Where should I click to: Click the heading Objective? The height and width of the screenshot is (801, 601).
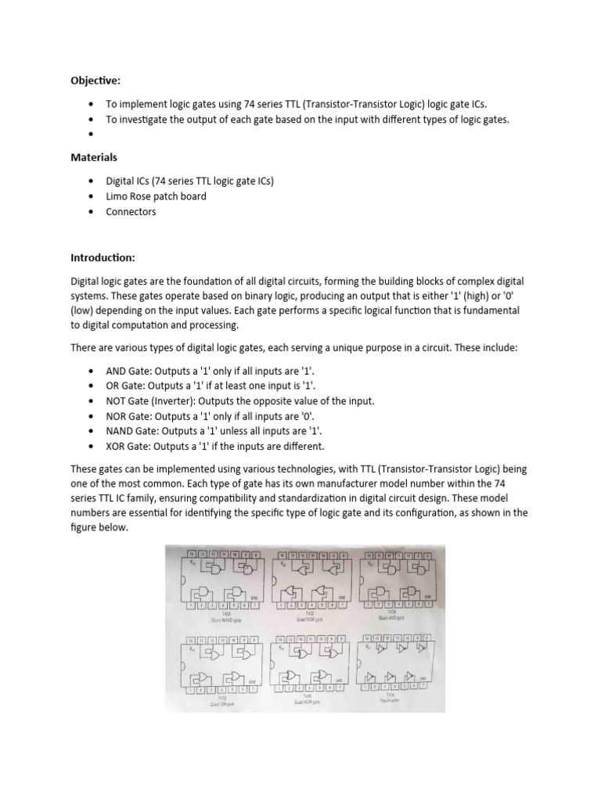point(95,80)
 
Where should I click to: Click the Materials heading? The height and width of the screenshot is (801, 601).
point(94,157)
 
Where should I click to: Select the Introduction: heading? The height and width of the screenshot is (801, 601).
point(103,257)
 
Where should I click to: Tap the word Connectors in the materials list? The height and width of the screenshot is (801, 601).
point(131,212)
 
